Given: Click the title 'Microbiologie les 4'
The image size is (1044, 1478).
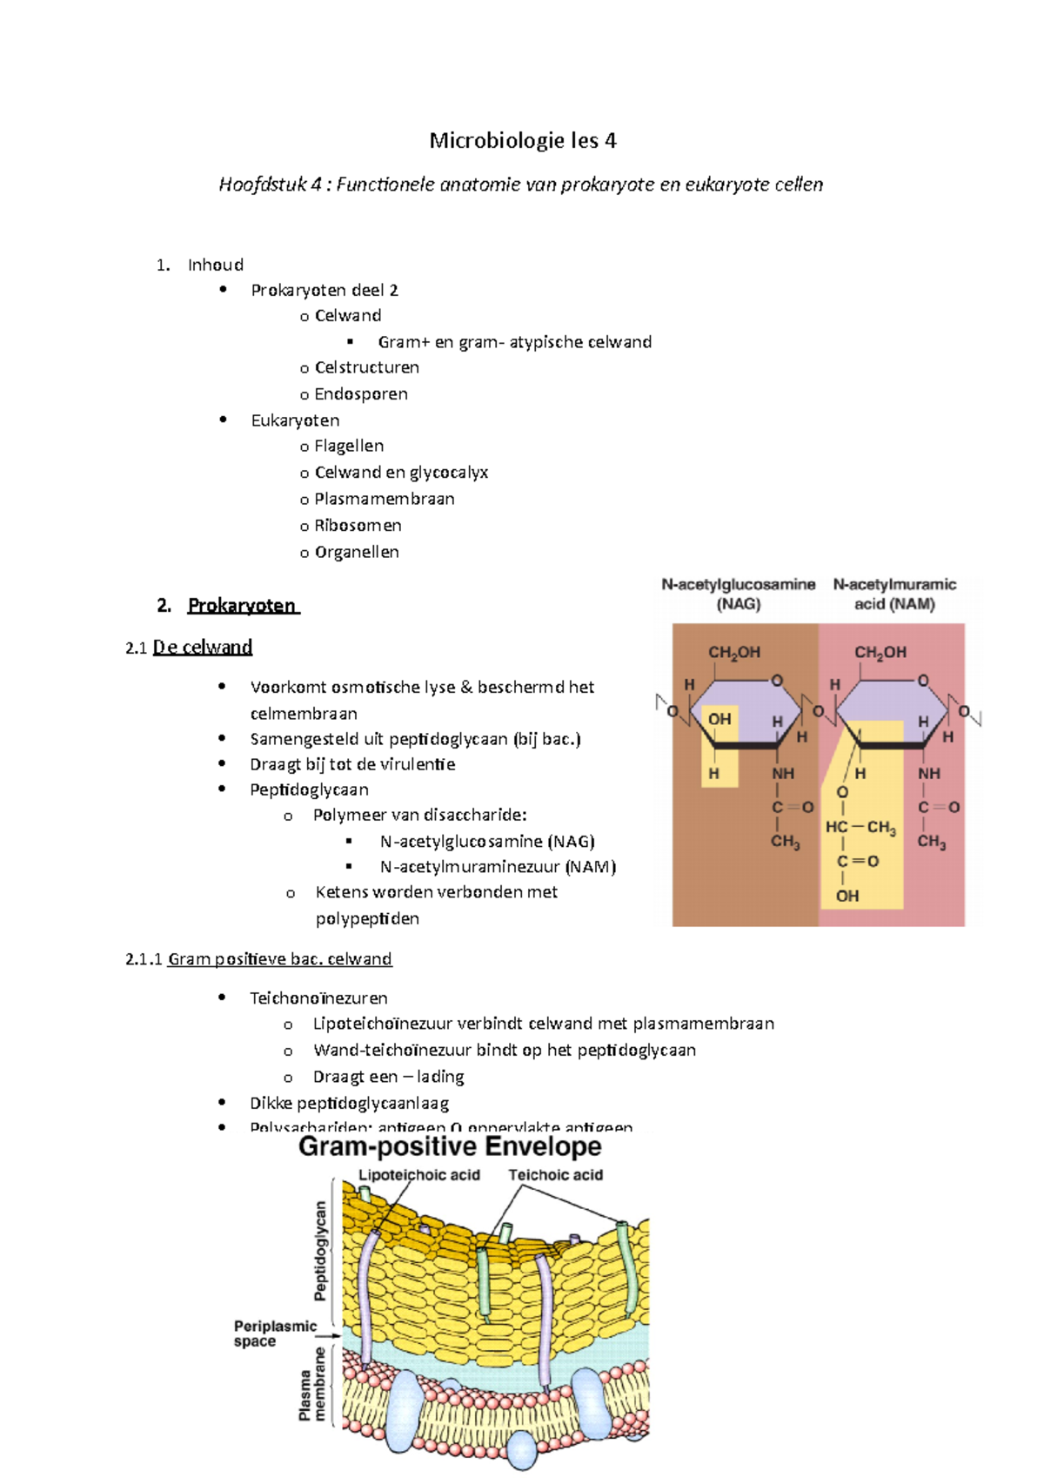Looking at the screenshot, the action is click(523, 141).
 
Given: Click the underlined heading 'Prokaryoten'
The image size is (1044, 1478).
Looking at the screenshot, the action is click(243, 606).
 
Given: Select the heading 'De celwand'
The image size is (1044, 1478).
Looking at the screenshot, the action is click(202, 648).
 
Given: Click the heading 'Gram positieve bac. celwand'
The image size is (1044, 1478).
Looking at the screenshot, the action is click(279, 959).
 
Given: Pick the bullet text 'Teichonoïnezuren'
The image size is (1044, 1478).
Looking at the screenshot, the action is click(318, 998).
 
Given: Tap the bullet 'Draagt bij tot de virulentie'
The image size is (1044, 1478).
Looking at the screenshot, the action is click(352, 764).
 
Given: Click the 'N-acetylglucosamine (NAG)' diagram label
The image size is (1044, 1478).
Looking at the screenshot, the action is click(738, 594).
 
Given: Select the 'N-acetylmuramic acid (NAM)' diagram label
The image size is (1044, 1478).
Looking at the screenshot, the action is click(894, 594).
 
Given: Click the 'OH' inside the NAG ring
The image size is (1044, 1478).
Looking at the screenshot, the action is click(719, 719).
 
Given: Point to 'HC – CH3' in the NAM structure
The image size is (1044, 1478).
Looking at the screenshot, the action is click(860, 827).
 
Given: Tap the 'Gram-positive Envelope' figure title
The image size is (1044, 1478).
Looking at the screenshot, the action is click(450, 1146).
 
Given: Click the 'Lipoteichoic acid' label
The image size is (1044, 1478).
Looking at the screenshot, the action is click(419, 1175).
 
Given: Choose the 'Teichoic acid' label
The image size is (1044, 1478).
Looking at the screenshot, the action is click(555, 1175).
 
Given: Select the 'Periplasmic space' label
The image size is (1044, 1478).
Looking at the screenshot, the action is click(273, 1334).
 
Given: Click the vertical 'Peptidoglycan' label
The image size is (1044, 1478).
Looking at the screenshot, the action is click(320, 1251).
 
